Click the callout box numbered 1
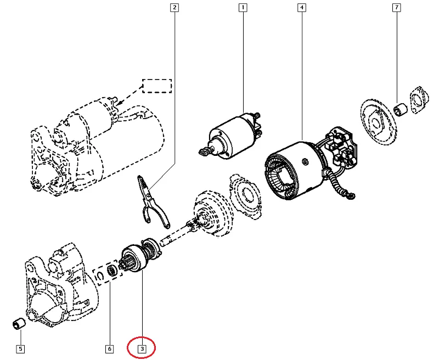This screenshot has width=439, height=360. pyautogui.click(x=243, y=8)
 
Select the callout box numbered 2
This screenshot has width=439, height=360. pyautogui.click(x=174, y=8)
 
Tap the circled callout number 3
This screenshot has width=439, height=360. pyautogui.click(x=142, y=348)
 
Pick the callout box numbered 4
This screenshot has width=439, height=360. pyautogui.click(x=301, y=8)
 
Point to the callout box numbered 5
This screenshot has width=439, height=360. pyautogui.click(x=20, y=348)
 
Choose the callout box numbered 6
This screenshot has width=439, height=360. pyautogui.click(x=109, y=348)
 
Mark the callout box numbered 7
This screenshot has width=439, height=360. pyautogui.click(x=396, y=8)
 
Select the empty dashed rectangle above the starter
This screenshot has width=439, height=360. pyautogui.click(x=157, y=86)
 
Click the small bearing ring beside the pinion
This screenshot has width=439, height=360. pyautogui.click(x=112, y=269)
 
